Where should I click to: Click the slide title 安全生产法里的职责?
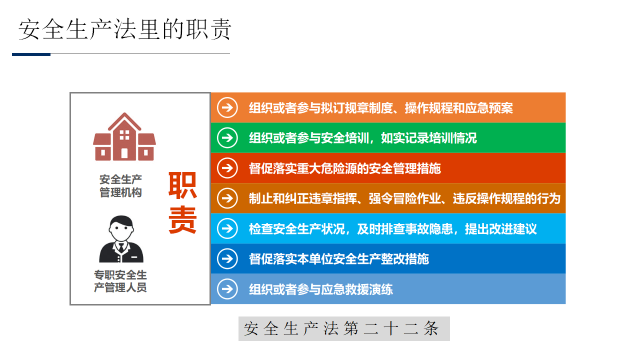point(125,29)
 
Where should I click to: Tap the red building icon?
point(124,136)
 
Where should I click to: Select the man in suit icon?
point(121,239)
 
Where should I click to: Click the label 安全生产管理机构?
point(120,186)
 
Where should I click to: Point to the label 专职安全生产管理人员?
point(120,281)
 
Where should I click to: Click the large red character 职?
point(182,185)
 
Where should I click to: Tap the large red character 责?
point(182,219)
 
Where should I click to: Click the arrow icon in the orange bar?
point(227,107)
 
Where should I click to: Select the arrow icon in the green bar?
point(227,138)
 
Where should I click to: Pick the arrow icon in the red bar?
point(227,168)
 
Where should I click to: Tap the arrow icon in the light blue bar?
point(227,228)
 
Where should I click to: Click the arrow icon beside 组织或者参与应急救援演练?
point(227,289)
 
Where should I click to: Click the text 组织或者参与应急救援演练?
point(321,289)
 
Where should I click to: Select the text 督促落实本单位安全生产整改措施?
point(339,259)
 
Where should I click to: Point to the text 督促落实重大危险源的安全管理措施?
point(345,168)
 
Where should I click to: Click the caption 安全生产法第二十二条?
point(341,328)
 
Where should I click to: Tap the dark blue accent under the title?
point(31,54)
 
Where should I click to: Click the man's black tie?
point(121,247)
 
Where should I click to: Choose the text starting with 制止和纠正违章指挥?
point(404,198)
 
